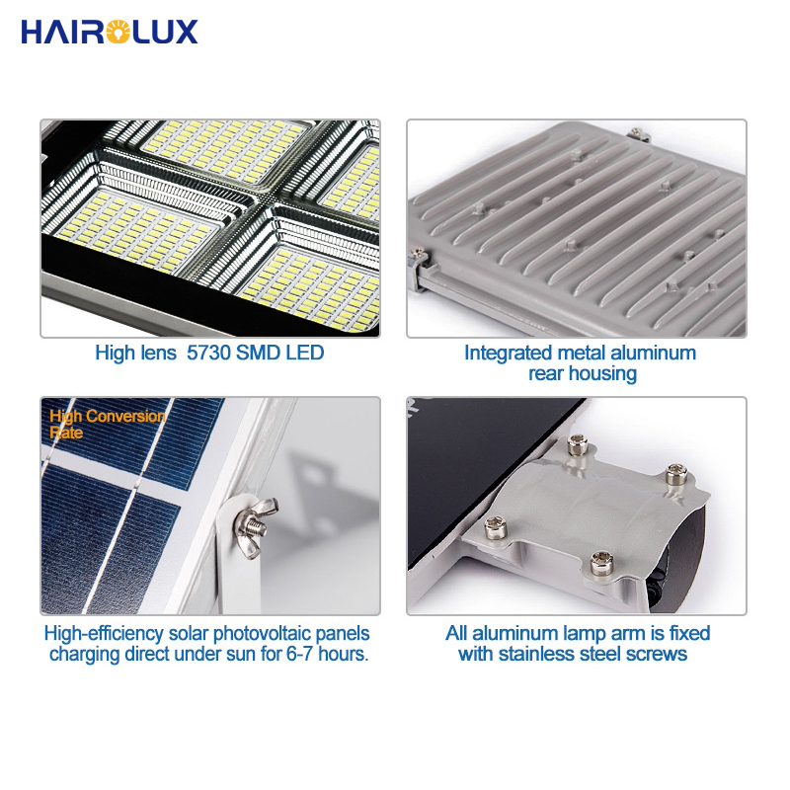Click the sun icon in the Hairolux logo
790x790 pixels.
(x=118, y=32)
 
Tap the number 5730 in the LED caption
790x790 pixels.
(x=208, y=353)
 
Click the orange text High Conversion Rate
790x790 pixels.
(x=108, y=425)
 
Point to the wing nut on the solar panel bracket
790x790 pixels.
(x=256, y=525)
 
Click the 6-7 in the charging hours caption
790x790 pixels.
(x=300, y=654)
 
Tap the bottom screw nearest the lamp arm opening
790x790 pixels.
(x=601, y=562)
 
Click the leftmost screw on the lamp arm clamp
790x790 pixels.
(x=496, y=527)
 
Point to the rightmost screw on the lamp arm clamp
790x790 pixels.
(x=676, y=474)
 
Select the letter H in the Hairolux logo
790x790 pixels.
(x=34, y=32)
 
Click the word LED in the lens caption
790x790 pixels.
(x=305, y=353)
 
